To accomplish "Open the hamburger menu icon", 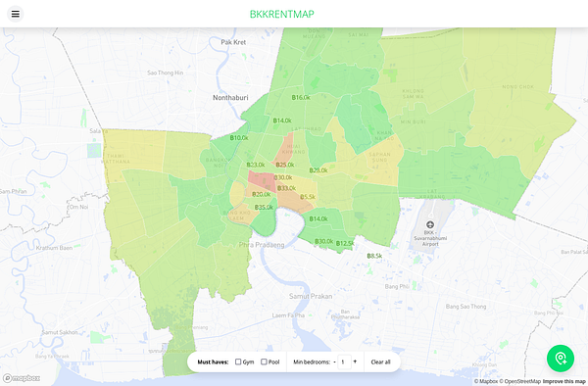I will tap(16, 15).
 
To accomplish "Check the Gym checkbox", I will tap(239, 362).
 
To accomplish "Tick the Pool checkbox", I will tap(264, 362).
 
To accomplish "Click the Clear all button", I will tap(380, 362).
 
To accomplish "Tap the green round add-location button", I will tap(561, 358).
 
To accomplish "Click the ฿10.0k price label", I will tap(239, 139).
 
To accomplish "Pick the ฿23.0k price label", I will tap(256, 165).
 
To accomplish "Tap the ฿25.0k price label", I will tap(285, 165).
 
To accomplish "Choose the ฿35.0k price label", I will tap(264, 207).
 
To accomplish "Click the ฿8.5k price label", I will tap(374, 256).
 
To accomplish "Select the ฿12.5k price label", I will tap(345, 243).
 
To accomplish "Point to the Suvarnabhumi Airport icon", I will tap(428, 225).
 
